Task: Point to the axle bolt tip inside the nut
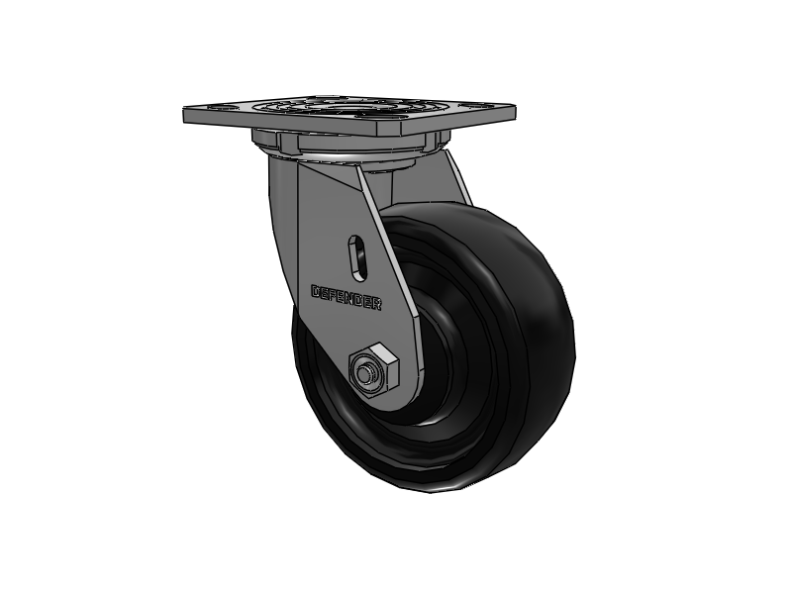point(366,374)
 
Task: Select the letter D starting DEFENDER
point(316,291)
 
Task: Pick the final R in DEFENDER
point(377,305)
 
